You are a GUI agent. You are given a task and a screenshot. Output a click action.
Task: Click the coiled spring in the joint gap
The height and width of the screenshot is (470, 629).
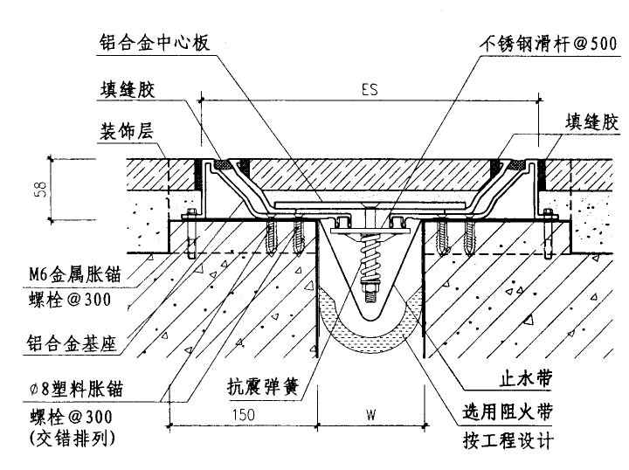click(370, 259)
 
